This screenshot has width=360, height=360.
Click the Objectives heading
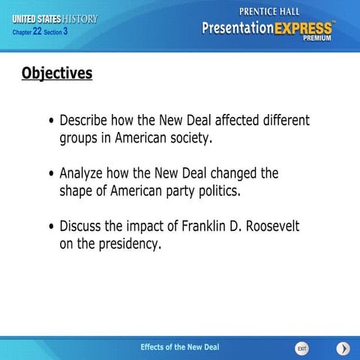57,73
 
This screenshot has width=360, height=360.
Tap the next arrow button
343,349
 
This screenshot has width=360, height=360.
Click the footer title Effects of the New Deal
180,346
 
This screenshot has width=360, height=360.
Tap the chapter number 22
37,31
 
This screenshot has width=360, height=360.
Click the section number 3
66,31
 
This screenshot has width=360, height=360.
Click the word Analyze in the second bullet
84,174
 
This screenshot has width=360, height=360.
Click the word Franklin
202,226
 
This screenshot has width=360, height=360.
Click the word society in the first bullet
190,139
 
